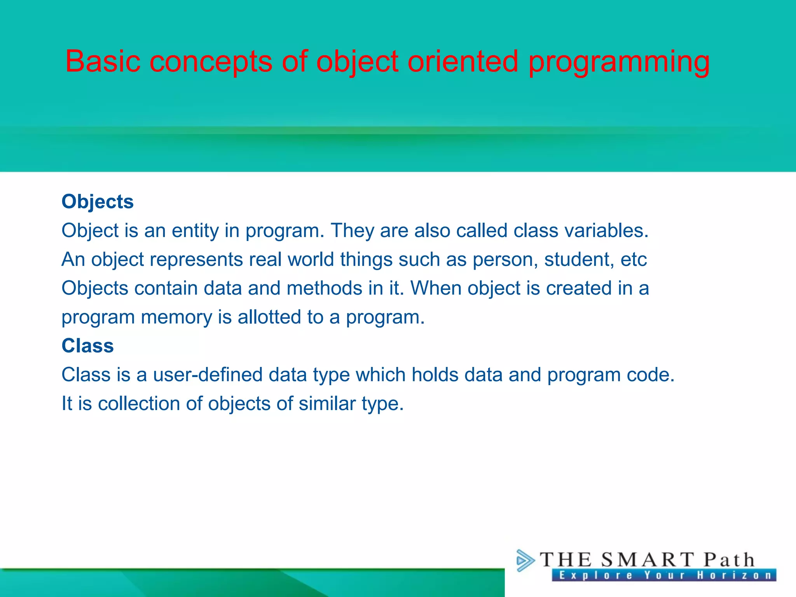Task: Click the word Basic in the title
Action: [x=103, y=61]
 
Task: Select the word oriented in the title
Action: [x=463, y=61]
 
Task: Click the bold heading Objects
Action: [x=98, y=202]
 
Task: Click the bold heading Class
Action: [x=87, y=346]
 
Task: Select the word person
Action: [x=505, y=260]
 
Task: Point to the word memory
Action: [x=176, y=317]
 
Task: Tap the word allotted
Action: [x=269, y=317]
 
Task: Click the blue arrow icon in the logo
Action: [x=525, y=560]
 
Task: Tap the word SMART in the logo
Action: [x=647, y=560]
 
